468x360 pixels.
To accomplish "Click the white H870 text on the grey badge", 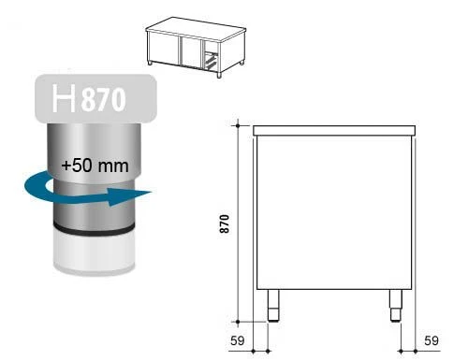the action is point(89,98).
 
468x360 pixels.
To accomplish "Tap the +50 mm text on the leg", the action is point(95,166).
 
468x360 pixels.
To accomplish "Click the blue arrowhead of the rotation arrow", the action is point(129,196).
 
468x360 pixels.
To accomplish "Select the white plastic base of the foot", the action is point(95,252).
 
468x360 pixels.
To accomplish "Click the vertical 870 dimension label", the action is point(225,223).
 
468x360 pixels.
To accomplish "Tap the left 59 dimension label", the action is point(238,340).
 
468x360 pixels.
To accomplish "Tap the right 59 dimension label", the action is point(431,340).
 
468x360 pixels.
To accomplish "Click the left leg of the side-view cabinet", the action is point(273,306).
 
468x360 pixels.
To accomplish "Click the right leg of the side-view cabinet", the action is point(396,306).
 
